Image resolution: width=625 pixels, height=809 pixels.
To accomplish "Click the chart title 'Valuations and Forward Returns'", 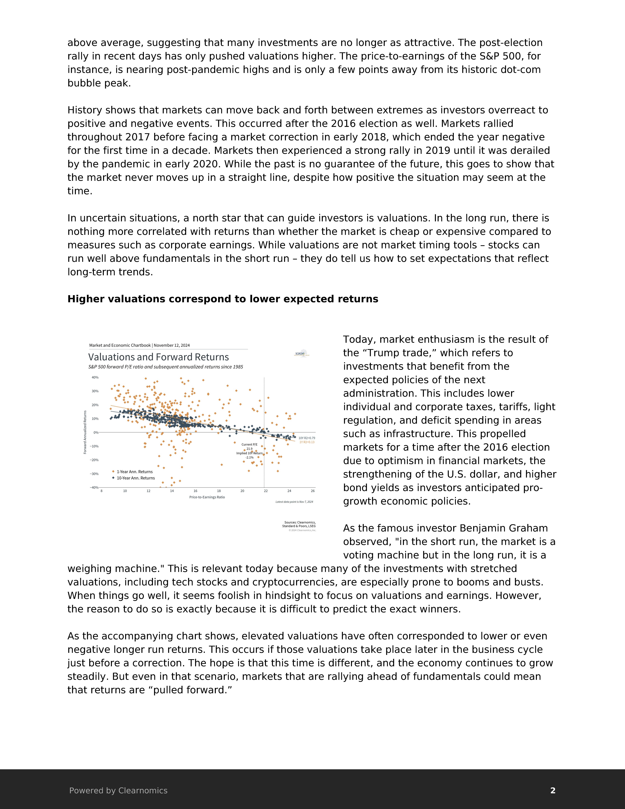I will coord(158,357).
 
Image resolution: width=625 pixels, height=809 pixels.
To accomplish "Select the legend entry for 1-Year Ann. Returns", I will coord(134,472).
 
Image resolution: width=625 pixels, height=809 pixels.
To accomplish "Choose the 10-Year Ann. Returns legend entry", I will coord(136,478).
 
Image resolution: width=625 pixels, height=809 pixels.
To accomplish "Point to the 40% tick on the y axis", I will coord(95,377).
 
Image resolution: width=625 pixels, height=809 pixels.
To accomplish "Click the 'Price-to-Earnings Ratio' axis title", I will coord(207,497).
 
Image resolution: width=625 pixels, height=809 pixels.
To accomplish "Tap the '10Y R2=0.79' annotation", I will coord(307,438).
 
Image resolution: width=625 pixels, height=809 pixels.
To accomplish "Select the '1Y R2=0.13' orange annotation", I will coord(307,442).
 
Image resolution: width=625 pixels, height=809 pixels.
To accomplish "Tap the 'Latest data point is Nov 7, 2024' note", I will coord(294,502).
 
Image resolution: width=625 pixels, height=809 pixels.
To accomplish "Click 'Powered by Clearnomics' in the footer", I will coord(118,790).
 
